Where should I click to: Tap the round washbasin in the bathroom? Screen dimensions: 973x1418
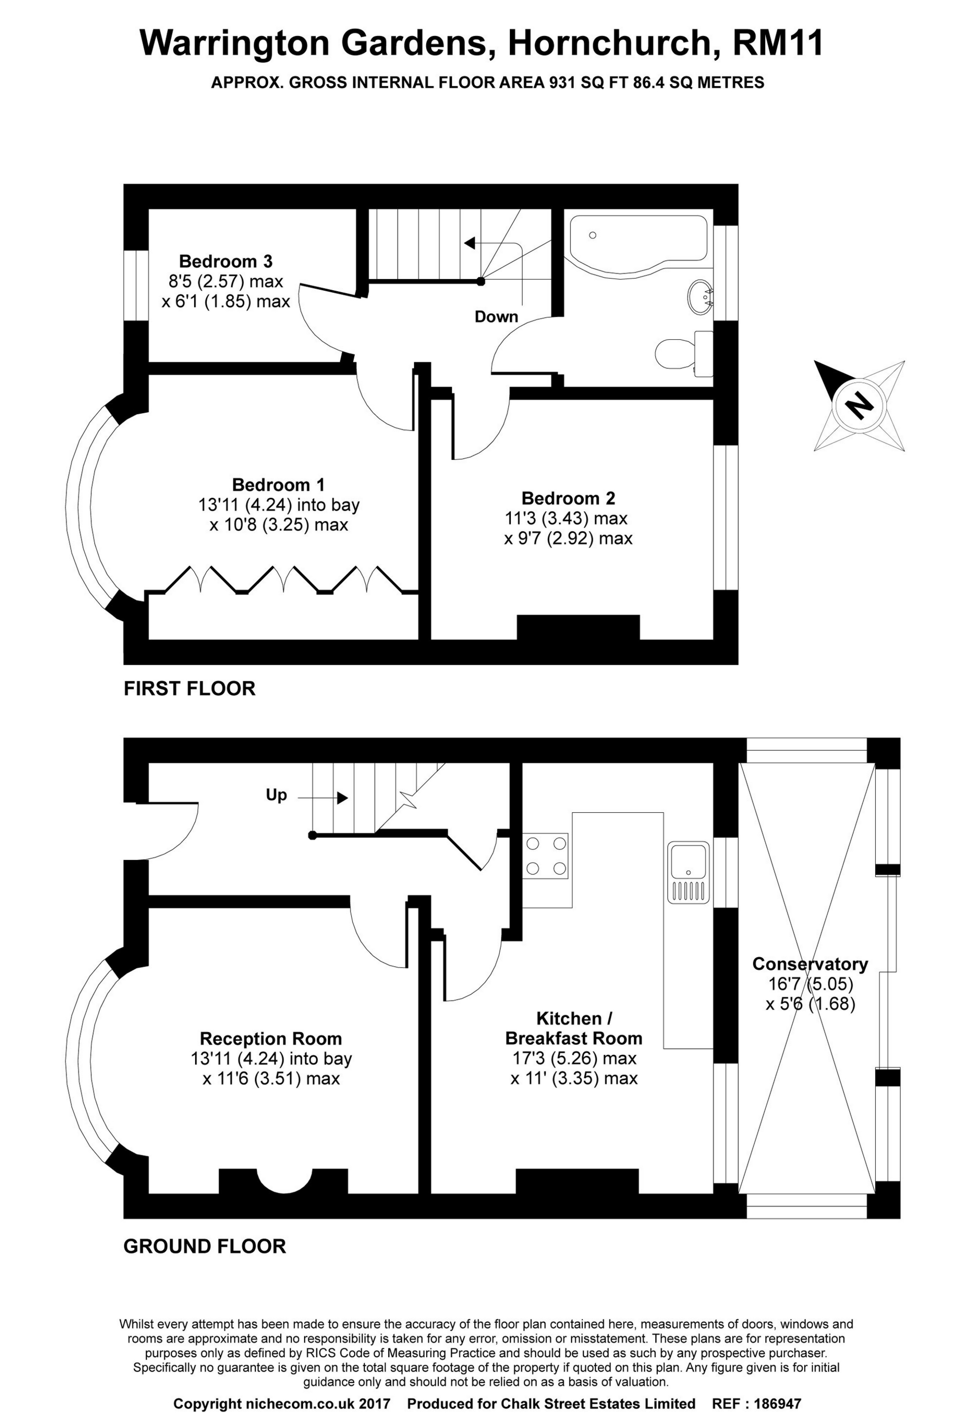pos(701,297)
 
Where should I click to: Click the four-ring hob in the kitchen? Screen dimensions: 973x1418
pos(546,855)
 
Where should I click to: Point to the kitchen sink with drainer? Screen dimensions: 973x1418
pos(688,873)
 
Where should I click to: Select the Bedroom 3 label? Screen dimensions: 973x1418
pos(226,261)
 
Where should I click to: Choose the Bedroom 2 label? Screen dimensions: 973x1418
pos(568,498)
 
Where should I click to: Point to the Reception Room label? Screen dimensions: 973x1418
pos(271,1039)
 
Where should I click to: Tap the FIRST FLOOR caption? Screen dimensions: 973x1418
pos(189,689)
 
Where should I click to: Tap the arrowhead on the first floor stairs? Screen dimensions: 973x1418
pos(469,244)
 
